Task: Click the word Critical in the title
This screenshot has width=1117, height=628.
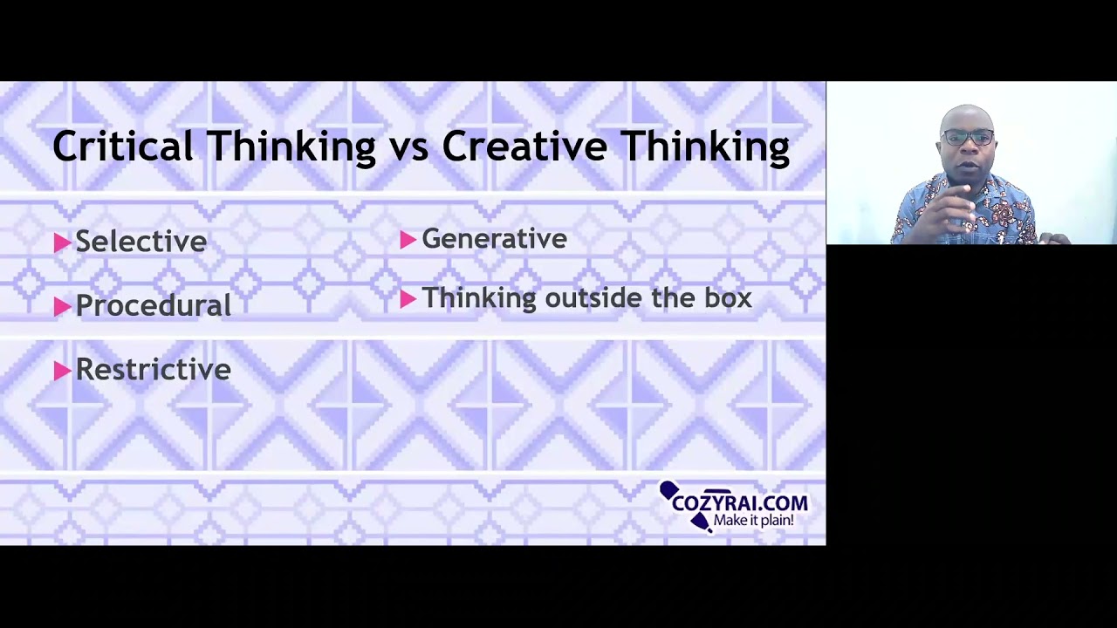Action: click(122, 146)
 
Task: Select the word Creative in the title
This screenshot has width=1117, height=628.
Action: click(524, 146)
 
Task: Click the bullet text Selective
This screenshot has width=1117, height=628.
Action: click(140, 242)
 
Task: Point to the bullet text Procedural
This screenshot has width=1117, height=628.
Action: click(153, 305)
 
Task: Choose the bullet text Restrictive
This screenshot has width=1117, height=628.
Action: click(153, 370)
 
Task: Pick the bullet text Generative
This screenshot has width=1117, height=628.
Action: click(494, 239)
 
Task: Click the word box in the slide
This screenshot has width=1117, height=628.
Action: click(728, 298)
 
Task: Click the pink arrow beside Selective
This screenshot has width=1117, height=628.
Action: click(62, 242)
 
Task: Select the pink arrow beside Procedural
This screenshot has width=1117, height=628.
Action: click(62, 306)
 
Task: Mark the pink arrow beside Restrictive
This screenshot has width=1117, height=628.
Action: click(62, 371)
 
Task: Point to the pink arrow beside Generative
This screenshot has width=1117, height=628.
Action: click(408, 240)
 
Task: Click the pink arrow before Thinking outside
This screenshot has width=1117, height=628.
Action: click(408, 299)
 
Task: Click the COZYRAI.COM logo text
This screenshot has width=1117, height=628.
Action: click(739, 503)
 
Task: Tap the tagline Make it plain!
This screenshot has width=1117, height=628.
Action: click(753, 521)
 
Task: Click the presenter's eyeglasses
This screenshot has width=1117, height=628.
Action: click(969, 138)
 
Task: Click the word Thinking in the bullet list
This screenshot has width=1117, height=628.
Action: click(478, 298)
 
